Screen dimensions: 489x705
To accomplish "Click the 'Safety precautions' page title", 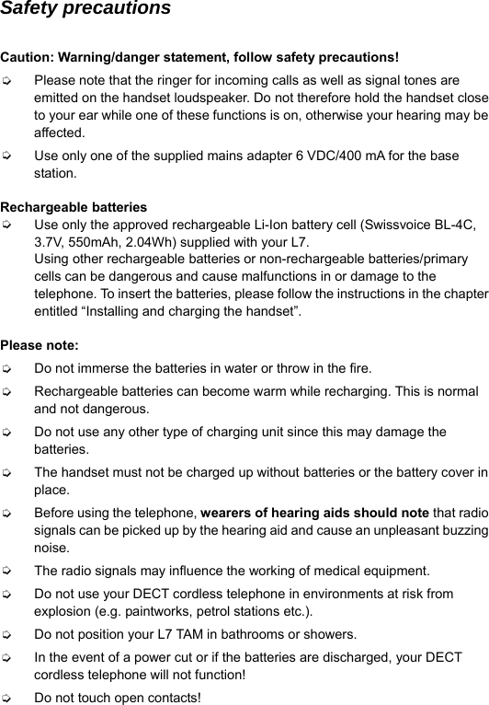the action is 85,9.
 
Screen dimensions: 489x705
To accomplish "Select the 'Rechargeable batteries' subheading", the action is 74,207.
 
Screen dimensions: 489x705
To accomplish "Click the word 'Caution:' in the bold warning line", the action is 28,60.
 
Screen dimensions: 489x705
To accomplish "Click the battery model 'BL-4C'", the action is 456,225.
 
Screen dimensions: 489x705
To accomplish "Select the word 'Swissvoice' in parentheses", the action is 401,225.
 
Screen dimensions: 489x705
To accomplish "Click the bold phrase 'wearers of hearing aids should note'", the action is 314,513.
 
